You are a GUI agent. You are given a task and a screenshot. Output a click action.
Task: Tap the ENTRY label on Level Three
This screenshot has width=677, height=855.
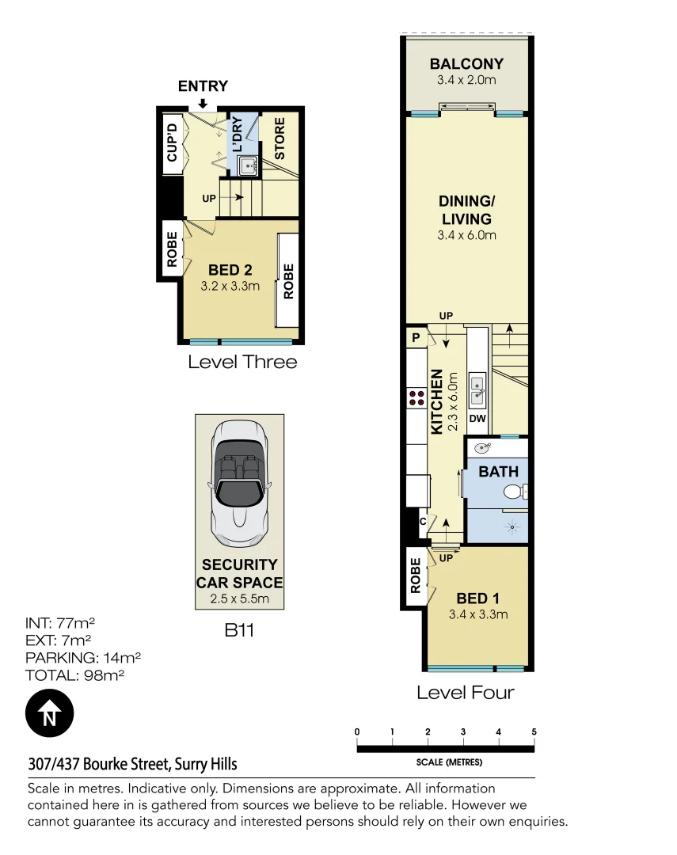[203, 86]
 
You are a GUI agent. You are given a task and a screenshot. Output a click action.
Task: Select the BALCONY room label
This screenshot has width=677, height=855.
[466, 64]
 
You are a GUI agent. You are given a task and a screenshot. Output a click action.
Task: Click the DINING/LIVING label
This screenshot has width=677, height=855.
[466, 210]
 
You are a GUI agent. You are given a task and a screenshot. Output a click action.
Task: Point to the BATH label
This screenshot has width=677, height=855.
[499, 472]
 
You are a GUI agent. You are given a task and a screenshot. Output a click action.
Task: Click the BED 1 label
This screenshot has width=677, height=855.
[477, 598]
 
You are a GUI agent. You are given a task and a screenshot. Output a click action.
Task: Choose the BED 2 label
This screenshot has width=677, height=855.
[230, 270]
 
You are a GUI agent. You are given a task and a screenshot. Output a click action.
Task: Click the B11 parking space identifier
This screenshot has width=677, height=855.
[238, 631]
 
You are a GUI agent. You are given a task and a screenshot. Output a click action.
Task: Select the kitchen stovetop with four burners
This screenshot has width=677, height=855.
[416, 398]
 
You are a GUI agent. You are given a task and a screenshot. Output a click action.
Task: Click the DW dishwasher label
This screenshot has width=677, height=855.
[477, 419]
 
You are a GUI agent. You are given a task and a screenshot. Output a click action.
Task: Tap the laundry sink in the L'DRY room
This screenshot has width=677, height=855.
[248, 165]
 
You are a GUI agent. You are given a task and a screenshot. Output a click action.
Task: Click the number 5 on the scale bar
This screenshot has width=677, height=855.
[534, 731]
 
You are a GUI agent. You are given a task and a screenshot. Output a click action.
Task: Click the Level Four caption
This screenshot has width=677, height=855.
[466, 693]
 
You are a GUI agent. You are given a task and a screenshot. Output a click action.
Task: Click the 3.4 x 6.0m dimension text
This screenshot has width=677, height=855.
[466, 235]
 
